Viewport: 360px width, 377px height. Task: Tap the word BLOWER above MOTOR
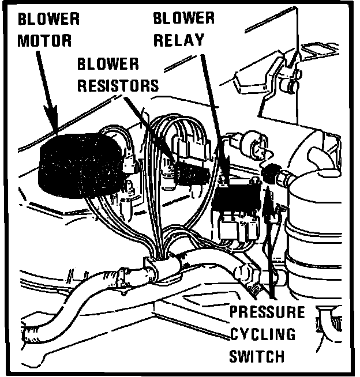click(x=48, y=18)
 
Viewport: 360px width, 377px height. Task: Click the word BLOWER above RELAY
click(x=183, y=17)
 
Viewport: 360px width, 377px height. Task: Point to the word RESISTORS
click(x=118, y=86)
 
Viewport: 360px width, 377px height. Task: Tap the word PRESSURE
click(x=267, y=313)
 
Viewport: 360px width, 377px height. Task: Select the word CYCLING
click(x=262, y=334)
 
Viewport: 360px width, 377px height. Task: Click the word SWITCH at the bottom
click(x=257, y=356)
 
